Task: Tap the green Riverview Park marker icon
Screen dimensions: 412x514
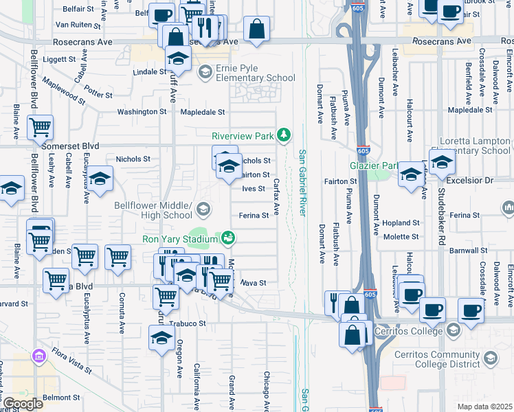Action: point(283,135)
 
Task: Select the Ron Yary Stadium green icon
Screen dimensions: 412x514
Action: point(228,238)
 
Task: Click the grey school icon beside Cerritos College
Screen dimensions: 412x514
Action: point(454,331)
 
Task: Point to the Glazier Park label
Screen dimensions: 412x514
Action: point(375,165)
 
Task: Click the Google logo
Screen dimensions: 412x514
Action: point(22,403)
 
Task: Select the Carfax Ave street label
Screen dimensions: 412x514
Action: point(277,196)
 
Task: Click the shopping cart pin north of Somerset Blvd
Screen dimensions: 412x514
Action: point(41,127)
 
